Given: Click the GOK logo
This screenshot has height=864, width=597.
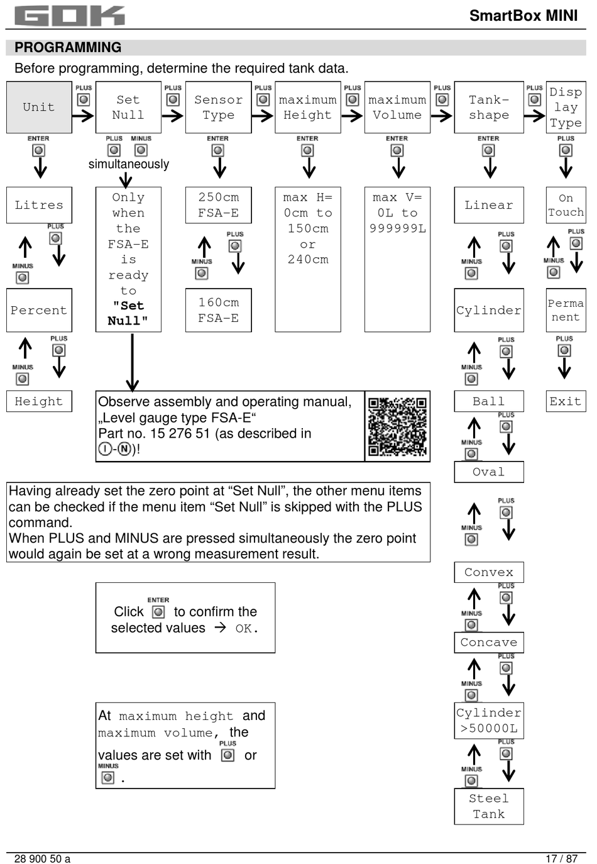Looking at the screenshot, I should click(x=69, y=16).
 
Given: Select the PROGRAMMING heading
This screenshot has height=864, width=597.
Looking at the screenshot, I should click(x=68, y=48).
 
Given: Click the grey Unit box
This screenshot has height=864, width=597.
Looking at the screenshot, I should click(x=39, y=107).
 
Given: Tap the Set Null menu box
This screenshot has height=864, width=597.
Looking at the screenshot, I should click(x=128, y=107).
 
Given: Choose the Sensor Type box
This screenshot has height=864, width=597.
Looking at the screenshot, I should click(x=218, y=107).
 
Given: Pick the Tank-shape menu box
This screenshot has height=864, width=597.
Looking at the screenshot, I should click(x=489, y=107).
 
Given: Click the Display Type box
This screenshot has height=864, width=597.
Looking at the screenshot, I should click(x=566, y=107).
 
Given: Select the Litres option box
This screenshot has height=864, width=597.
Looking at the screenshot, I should click(x=39, y=205).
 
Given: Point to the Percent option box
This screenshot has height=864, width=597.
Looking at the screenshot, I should click(x=39, y=310).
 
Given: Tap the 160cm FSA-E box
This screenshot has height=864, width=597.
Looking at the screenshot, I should click(x=218, y=310).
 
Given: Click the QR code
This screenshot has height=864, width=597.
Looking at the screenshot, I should click(x=397, y=426).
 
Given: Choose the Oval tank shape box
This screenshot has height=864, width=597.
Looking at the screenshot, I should click(x=489, y=472).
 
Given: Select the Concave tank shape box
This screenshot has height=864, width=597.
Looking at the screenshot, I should click(x=489, y=642).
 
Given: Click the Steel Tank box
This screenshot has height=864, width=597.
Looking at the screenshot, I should click(x=489, y=806).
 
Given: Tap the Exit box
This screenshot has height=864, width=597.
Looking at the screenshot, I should click(x=566, y=401).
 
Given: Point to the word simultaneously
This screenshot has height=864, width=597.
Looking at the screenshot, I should click(x=129, y=164).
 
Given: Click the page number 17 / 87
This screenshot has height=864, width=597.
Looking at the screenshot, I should click(x=561, y=858).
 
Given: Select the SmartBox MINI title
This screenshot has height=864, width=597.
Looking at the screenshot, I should click(x=523, y=16).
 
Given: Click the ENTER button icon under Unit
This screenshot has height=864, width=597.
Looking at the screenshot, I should click(x=39, y=151).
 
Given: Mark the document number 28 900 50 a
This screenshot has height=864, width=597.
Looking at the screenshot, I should click(x=42, y=858).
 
